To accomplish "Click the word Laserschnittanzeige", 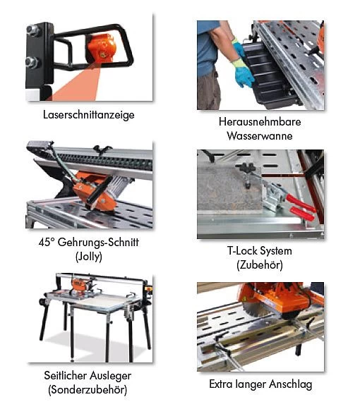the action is [x=89, y=115].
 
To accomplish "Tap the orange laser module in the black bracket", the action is [x=101, y=48].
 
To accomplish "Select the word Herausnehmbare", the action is [x=260, y=122].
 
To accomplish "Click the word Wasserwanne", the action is [x=260, y=136].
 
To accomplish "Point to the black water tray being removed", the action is [x=269, y=75].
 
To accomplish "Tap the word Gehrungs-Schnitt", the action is [x=98, y=243].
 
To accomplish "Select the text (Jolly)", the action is [x=89, y=257].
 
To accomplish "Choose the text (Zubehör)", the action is [x=260, y=265].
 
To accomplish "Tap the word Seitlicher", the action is [x=65, y=376].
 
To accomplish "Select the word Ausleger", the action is [x=111, y=377].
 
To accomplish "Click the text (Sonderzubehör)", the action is [x=88, y=390].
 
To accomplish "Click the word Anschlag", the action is [x=291, y=384].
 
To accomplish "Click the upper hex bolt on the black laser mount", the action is [x=33, y=30].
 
